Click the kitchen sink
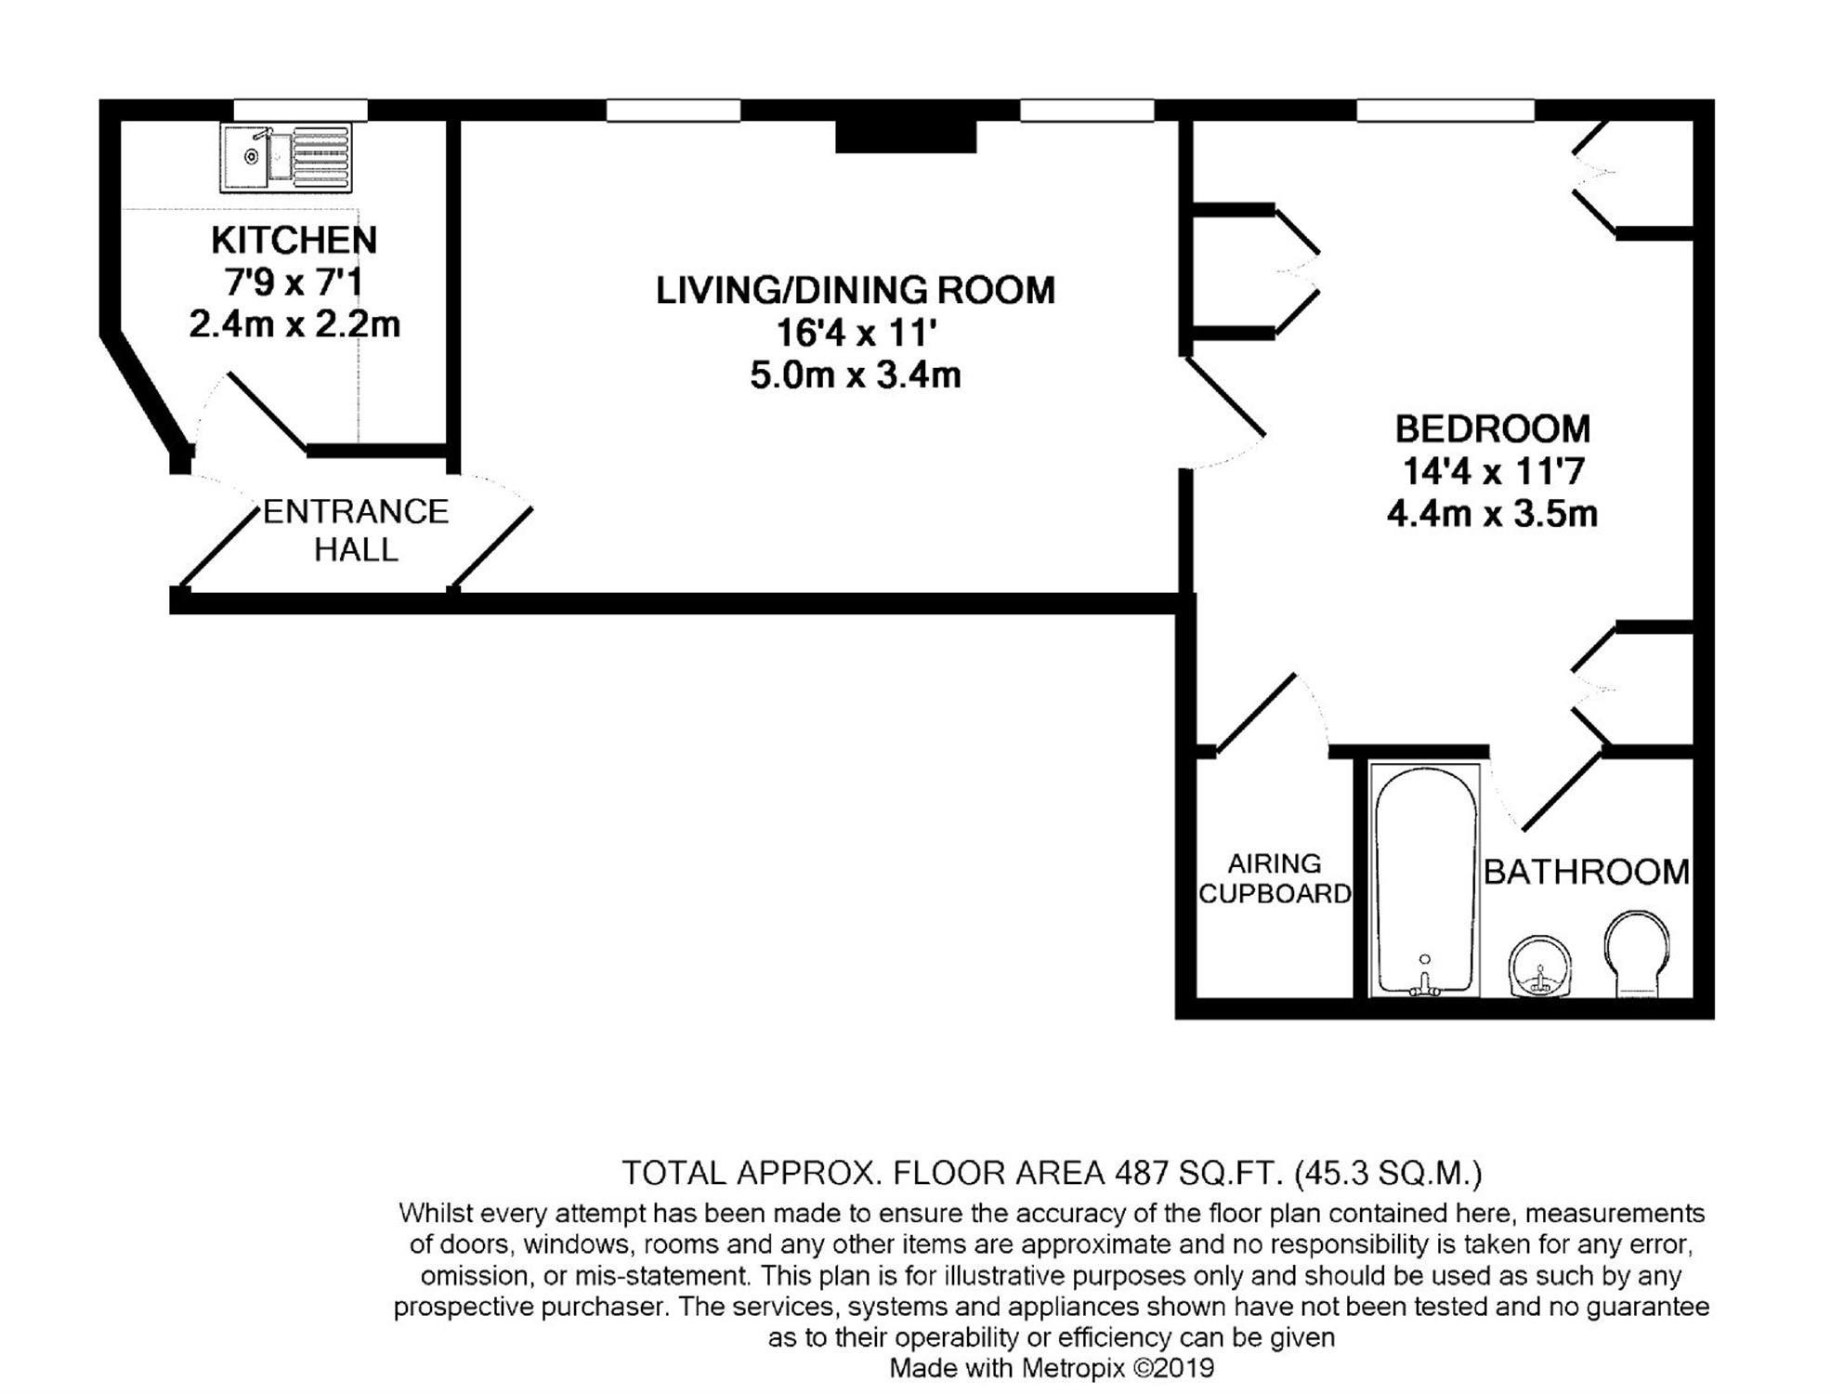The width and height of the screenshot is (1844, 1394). tap(286, 158)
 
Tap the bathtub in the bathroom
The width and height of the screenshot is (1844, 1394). tap(1425, 880)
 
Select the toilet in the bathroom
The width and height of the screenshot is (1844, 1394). tap(1636, 954)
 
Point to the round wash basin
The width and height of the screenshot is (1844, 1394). tap(1540, 967)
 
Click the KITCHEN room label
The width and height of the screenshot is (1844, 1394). tap(294, 240)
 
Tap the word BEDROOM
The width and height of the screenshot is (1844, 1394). tap(1493, 428)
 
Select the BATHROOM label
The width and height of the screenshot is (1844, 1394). tap(1587, 872)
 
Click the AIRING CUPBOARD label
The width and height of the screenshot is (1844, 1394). tap(1275, 878)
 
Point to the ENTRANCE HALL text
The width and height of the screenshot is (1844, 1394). tap(356, 530)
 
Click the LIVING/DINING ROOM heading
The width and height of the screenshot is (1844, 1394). tap(856, 290)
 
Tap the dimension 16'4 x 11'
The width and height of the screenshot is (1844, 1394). tap(856, 333)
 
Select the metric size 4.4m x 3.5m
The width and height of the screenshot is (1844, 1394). tap(1493, 513)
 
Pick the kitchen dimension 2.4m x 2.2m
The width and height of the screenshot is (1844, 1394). tap(294, 324)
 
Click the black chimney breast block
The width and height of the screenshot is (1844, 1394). tap(906, 137)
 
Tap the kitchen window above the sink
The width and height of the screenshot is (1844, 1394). tap(300, 111)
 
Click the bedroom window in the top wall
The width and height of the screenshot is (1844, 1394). tap(1445, 111)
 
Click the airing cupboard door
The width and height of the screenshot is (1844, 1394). tap(1254, 714)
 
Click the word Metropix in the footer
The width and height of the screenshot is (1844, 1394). tap(1072, 1368)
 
